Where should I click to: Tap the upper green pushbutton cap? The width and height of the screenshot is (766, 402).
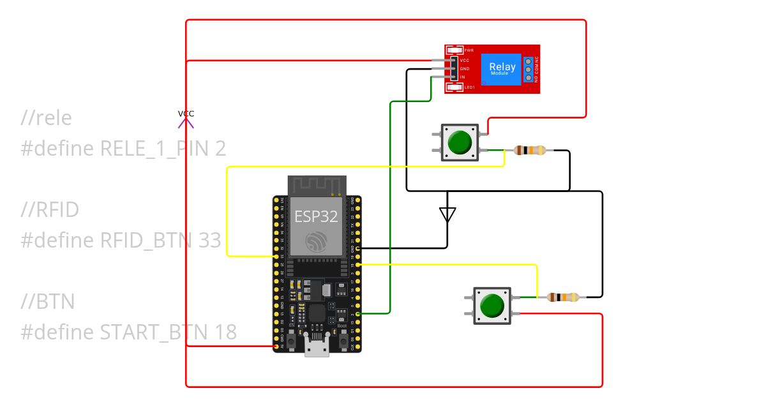[459, 142]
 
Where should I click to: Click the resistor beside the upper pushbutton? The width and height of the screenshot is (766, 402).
[530, 151]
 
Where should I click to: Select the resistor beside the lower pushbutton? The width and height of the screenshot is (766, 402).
[563, 297]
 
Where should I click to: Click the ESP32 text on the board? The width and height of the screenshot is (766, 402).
[316, 216]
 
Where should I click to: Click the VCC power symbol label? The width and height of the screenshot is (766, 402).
[186, 114]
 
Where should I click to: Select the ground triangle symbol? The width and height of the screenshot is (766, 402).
[447, 215]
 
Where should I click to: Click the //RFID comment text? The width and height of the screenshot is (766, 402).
[50, 209]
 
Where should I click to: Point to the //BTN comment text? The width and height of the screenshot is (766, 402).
[48, 301]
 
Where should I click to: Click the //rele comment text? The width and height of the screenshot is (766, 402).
[46, 118]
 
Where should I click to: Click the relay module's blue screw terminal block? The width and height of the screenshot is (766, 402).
[529, 68]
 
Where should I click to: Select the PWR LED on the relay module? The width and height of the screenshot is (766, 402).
[455, 50]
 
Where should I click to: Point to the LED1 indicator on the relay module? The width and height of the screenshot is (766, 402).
[455, 87]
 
